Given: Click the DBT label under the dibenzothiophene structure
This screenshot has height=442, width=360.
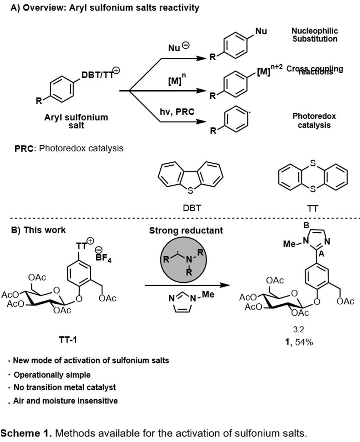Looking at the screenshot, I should point(191,208).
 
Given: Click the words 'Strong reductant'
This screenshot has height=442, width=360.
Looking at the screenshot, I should point(186,231).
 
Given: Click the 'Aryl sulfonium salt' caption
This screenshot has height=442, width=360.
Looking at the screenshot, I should point(76,121).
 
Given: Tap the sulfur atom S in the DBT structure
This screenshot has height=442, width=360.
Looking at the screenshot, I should point(191,191).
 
